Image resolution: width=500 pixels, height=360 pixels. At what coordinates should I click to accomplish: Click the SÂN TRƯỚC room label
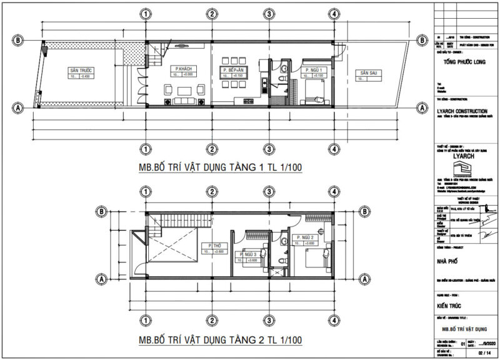point(81,71)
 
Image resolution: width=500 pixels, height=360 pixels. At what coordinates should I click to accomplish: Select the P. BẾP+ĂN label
point(232,69)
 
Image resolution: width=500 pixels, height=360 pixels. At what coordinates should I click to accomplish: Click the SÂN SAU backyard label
point(367,74)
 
